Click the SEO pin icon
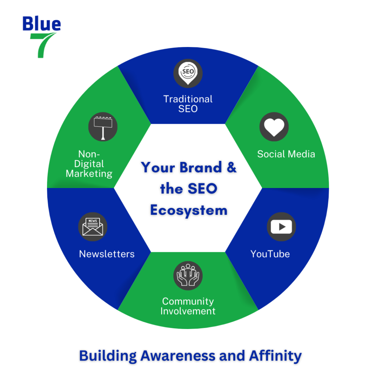coord(188,73)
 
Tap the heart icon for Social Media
coord(274,127)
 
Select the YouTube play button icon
coord(281,227)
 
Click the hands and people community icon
coord(188,275)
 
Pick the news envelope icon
coord(93,227)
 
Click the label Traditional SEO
coord(188,104)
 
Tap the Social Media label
coord(286,154)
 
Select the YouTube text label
coord(270,254)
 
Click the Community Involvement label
coord(188,306)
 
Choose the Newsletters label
coord(107,254)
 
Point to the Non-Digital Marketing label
coord(89,164)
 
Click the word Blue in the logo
coord(41,24)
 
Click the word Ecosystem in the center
coord(189,210)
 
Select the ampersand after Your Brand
coord(231,167)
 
